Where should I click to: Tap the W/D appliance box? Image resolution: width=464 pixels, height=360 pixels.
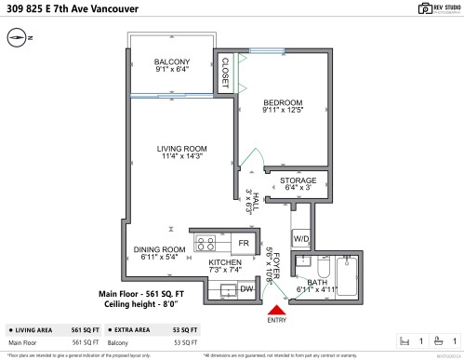(300, 237)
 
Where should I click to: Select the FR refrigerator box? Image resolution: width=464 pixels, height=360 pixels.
(243, 244)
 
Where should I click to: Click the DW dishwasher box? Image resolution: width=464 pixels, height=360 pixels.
(246, 289)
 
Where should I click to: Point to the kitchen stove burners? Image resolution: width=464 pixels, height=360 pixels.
(205, 244)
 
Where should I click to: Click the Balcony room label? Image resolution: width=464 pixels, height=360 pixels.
(172, 65)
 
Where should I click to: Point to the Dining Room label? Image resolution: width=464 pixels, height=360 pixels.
(160, 252)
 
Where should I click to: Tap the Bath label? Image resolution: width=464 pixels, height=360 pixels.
(316, 284)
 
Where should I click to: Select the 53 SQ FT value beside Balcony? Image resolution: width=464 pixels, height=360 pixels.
(186, 342)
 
